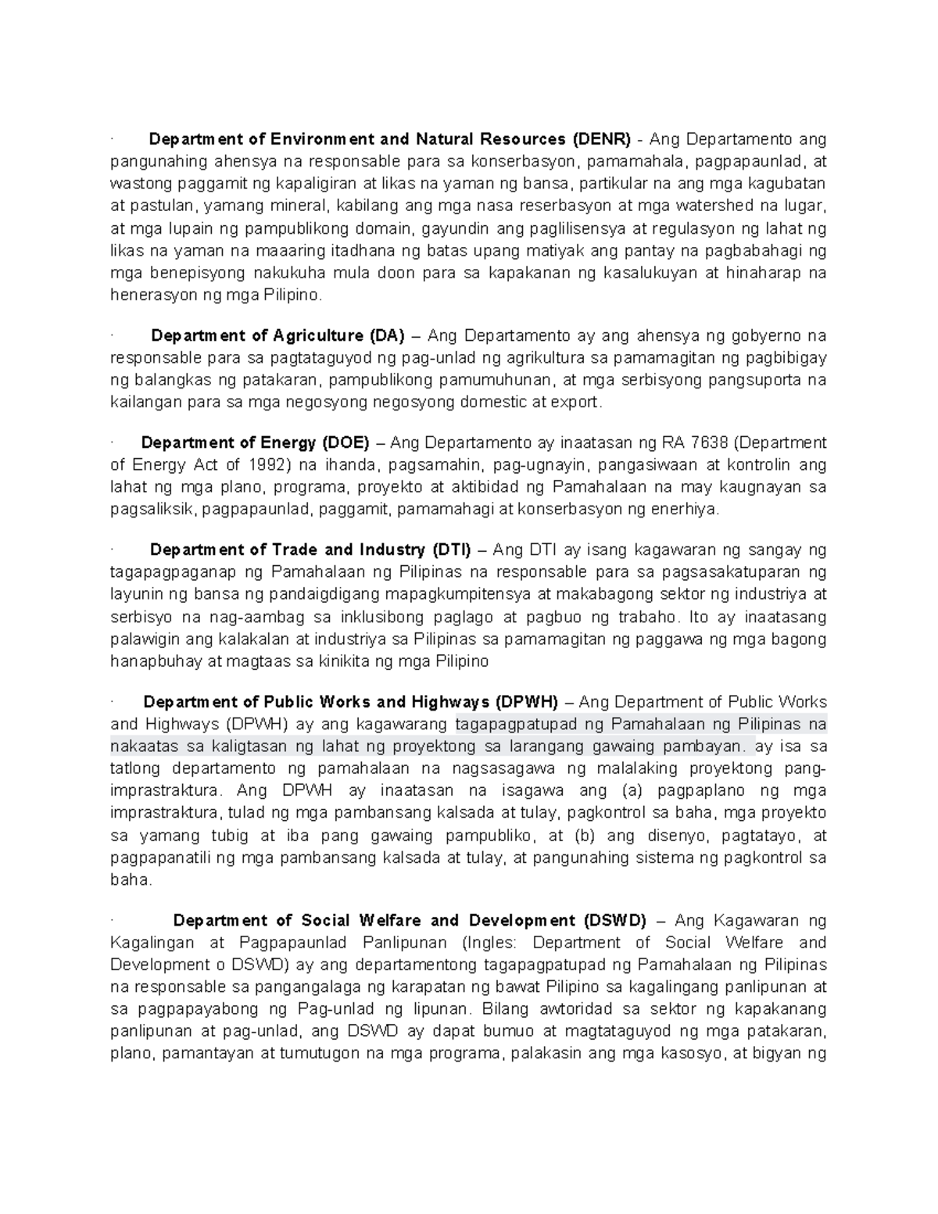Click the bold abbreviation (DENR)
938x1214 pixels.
[600, 140]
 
